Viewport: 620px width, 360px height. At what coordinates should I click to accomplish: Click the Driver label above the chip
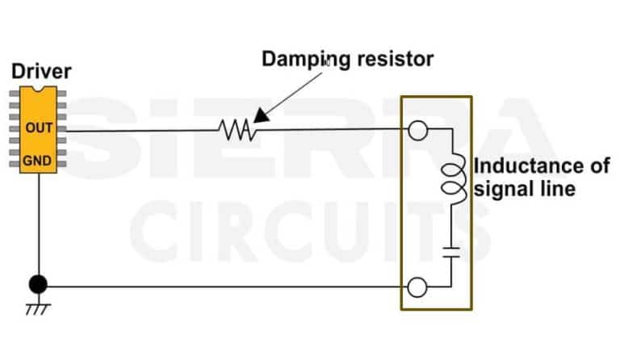(41, 72)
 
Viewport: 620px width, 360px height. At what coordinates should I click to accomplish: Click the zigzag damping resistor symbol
(237, 128)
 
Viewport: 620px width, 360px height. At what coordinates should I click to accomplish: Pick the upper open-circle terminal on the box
(417, 129)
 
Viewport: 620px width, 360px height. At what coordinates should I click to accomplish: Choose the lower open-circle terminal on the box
(417, 287)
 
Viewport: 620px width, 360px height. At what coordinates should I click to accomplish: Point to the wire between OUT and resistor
(137, 129)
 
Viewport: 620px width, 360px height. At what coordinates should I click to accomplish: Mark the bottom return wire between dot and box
(226, 286)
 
